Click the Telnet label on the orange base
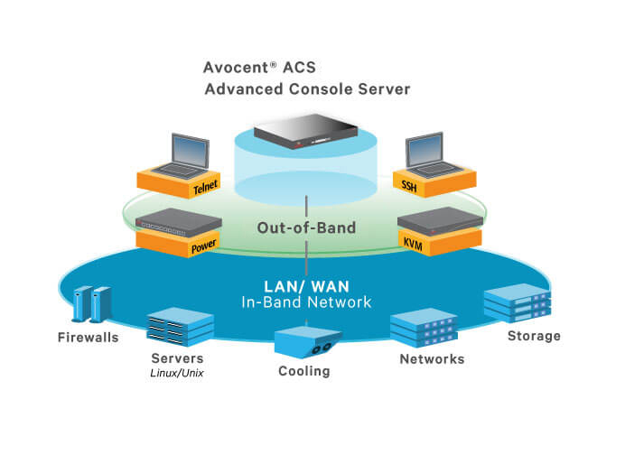coord(204,189)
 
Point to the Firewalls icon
coord(91,305)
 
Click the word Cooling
coord(304,371)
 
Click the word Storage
coord(533,336)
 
